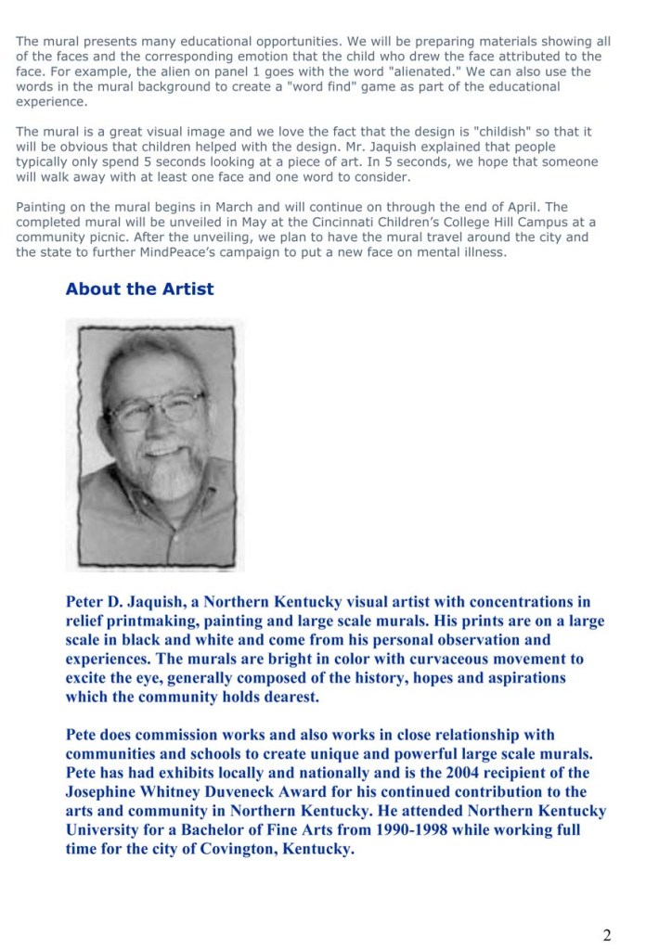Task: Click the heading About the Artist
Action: (x=139, y=289)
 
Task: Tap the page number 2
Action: (x=606, y=934)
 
